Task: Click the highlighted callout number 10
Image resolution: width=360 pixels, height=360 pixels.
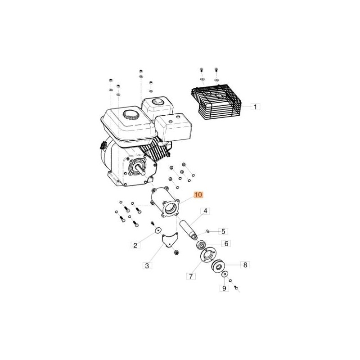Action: (198, 195)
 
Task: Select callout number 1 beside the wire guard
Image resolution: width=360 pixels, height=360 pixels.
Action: (255, 107)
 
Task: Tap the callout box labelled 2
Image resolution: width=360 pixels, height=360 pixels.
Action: (135, 245)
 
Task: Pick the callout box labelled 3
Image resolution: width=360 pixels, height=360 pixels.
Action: (147, 265)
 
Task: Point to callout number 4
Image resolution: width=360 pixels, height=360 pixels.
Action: (205, 211)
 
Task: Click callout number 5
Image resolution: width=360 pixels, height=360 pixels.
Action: (223, 231)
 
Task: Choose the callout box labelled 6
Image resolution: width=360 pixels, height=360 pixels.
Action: (226, 243)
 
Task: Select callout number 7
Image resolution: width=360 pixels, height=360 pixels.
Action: (191, 276)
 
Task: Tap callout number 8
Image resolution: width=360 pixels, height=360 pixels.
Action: (245, 265)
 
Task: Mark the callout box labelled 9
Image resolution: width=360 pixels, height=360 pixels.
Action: (224, 288)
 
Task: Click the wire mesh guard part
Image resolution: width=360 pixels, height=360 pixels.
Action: (216, 102)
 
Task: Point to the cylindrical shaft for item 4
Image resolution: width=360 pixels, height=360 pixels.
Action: (188, 230)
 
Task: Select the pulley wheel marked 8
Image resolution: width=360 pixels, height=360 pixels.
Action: (218, 267)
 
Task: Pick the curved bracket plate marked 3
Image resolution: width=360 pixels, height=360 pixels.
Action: (170, 240)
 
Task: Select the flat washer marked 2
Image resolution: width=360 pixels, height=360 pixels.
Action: (157, 230)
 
